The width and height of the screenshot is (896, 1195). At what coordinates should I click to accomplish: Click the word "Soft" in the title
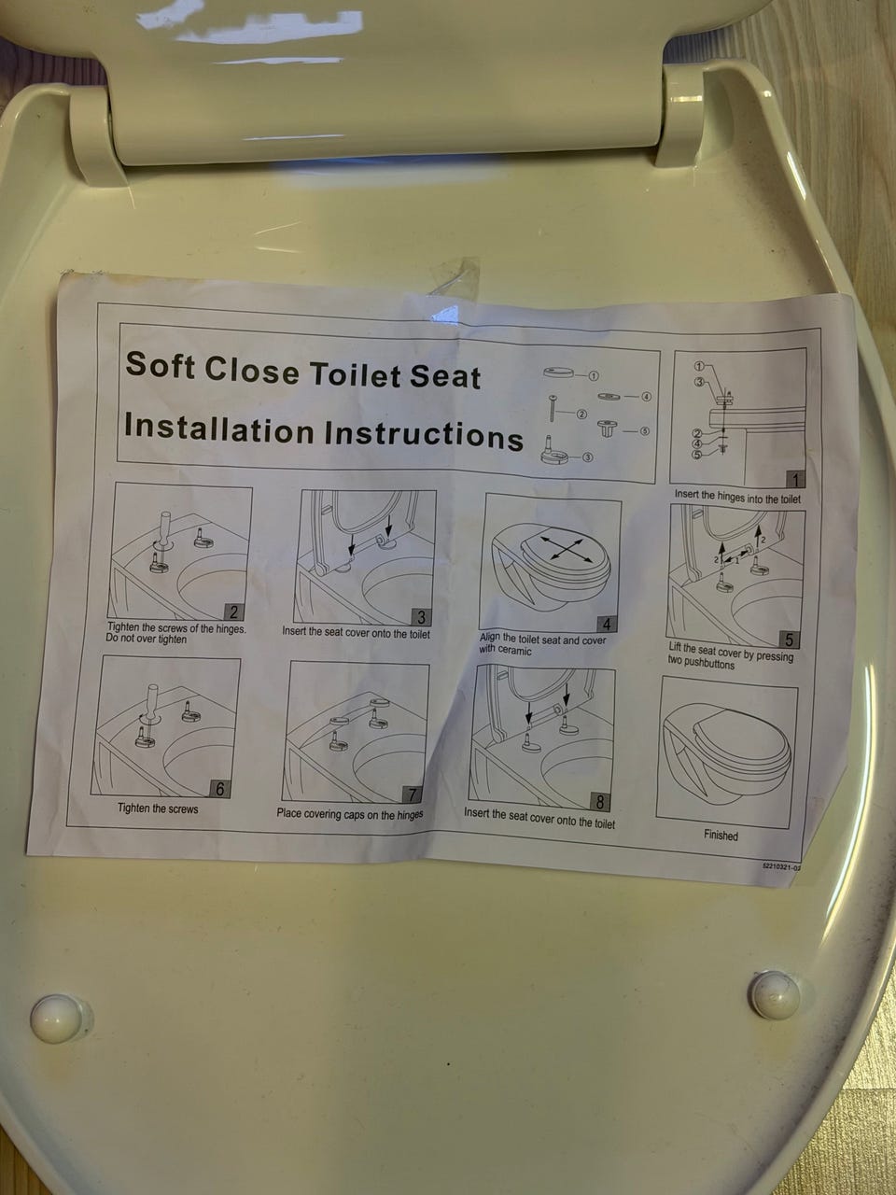coord(160,365)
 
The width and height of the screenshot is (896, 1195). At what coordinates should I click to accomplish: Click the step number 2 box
coord(232,612)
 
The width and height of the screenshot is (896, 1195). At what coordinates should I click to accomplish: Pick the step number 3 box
coord(421,617)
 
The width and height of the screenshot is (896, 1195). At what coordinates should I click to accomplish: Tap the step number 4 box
coord(606,624)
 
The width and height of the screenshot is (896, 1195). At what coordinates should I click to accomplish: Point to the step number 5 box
coord(790,640)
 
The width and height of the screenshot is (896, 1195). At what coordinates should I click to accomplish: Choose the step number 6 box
coord(219,789)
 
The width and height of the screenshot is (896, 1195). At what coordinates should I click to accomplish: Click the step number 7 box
coord(412,794)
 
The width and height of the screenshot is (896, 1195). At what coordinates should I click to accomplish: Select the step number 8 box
coord(600,801)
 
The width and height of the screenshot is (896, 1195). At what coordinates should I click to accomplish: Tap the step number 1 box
coord(796,480)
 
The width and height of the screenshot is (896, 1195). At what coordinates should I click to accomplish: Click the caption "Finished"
coord(721,836)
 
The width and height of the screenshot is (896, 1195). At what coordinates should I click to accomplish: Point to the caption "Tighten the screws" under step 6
coord(158,808)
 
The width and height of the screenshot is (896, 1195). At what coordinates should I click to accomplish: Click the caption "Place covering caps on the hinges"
coord(350,814)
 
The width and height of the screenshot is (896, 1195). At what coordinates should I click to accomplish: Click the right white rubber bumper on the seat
coord(776,995)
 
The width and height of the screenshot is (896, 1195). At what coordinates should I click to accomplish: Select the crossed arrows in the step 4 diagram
coord(567,549)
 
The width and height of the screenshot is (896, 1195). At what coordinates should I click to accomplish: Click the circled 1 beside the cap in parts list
coord(594,375)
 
